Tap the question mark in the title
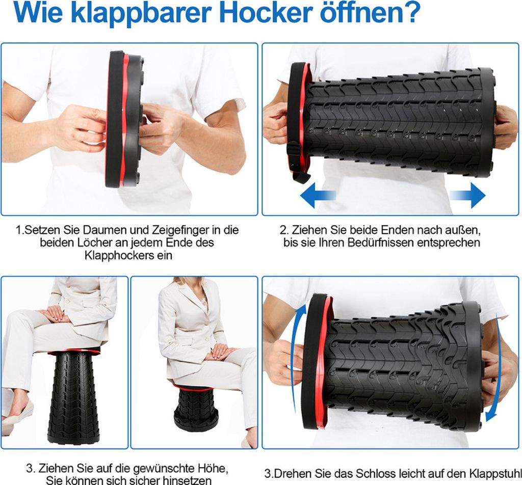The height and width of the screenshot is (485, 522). (x=410, y=14)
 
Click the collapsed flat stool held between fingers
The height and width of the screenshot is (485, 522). (x=124, y=118)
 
